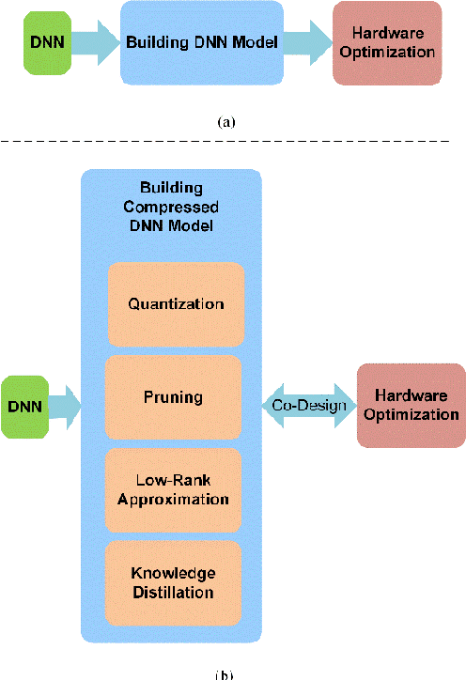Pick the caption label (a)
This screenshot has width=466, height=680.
[226, 122]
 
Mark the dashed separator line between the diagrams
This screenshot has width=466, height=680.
[225, 142]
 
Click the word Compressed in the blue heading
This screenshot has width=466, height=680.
[173, 206]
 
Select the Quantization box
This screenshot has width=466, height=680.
[175, 303]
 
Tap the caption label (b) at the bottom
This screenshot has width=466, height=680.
[225, 673]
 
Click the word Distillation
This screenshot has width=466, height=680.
[173, 593]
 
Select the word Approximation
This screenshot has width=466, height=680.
[174, 499]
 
